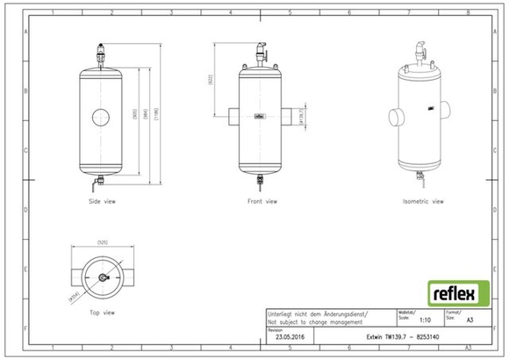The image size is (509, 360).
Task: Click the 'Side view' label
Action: pos(103,201)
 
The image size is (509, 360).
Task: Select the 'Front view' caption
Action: pos(262,201)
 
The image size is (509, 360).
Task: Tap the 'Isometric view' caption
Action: pos(423,201)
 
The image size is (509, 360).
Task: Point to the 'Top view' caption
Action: pos(103,312)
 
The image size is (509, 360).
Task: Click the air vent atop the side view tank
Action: pos(102,54)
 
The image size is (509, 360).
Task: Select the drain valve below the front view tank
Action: pos(260,181)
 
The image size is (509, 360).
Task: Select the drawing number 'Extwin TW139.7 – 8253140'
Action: pos(405,335)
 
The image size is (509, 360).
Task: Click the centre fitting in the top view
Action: pos(102,277)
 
